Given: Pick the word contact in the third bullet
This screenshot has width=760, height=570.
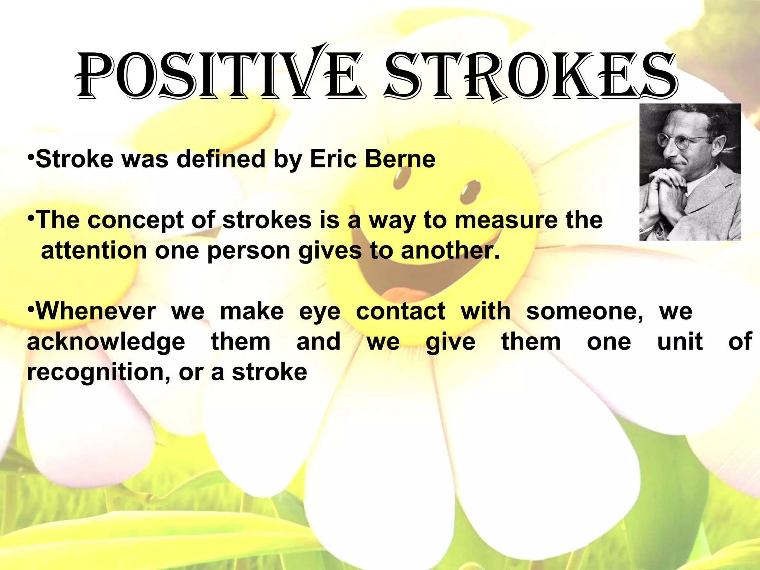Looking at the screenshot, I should click(x=400, y=311).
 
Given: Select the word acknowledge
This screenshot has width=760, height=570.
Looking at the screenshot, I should click(x=106, y=342).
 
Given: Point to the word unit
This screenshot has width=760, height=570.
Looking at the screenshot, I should click(x=680, y=342).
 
